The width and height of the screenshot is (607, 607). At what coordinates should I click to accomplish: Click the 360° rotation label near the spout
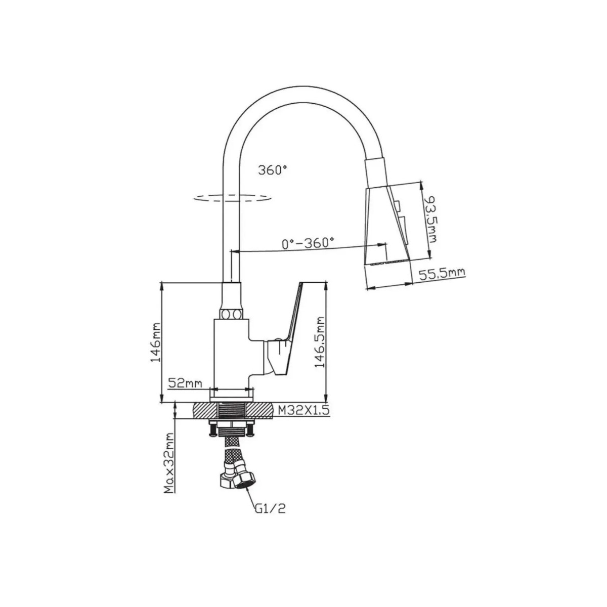click(x=273, y=170)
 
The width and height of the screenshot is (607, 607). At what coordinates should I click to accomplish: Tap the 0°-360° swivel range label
click(x=308, y=243)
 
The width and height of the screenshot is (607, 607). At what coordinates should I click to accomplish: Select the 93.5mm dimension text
click(x=430, y=220)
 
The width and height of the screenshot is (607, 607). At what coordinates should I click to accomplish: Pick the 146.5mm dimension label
click(x=320, y=342)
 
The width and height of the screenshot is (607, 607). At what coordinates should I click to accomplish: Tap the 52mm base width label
click(x=185, y=383)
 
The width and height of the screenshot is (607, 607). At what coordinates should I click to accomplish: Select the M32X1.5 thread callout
click(x=303, y=410)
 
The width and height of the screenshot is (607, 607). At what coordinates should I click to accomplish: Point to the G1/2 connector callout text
click(x=270, y=517)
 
